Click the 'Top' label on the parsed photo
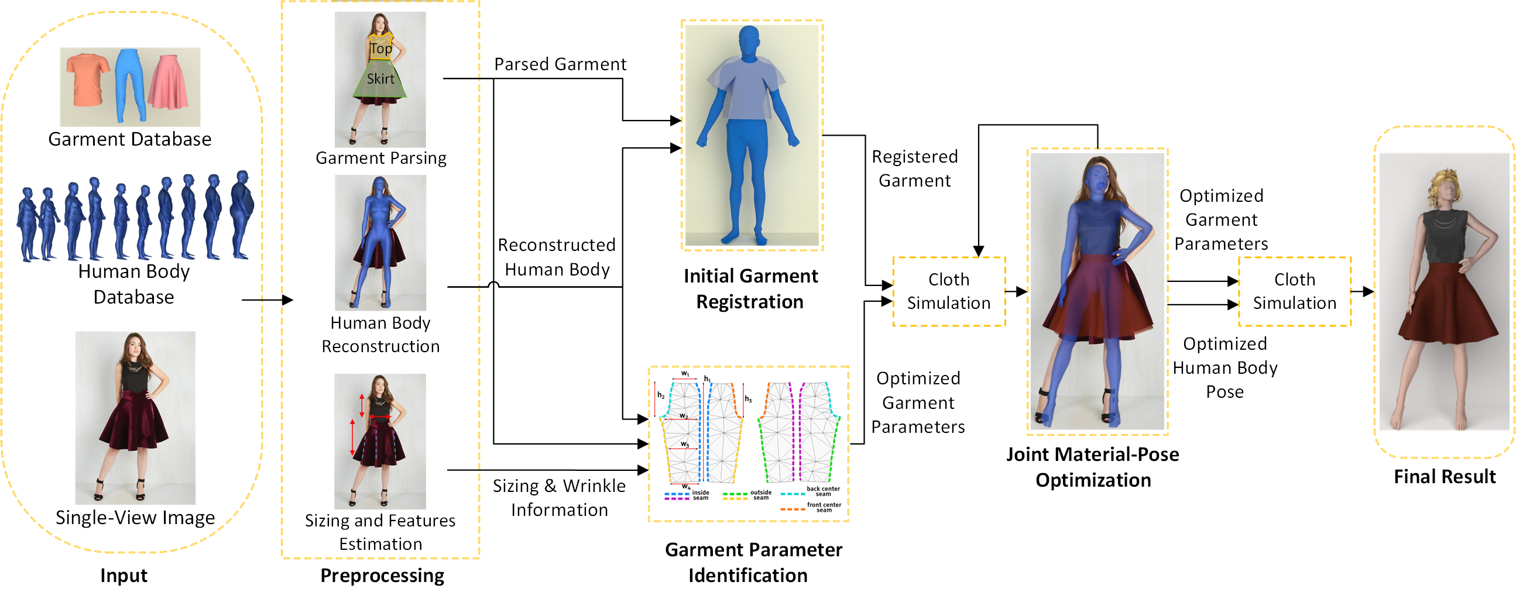tap(381, 49)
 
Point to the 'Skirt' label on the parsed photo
tap(381, 79)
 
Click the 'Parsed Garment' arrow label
tap(560, 64)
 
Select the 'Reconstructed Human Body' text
tap(557, 257)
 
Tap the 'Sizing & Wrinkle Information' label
tap(559, 498)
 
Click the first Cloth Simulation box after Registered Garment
tap(949, 291)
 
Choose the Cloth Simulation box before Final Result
tap(1294, 291)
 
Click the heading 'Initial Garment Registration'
tap(750, 289)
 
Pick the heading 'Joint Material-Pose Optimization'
tap(1093, 467)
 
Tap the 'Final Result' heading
tap(1444, 477)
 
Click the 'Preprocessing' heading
tap(382, 576)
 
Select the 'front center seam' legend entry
tap(824, 507)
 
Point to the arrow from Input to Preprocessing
tap(267, 300)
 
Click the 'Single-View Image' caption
tap(135, 518)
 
